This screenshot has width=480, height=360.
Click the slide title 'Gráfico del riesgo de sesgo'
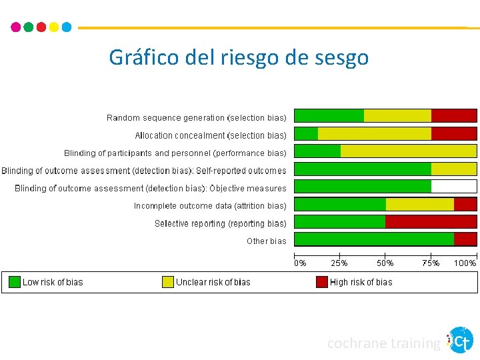click(x=239, y=57)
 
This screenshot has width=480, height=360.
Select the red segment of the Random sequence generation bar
click(x=454, y=116)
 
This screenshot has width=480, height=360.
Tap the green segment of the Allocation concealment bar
click(x=306, y=133)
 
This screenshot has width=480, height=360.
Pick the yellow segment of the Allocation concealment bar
click(x=375, y=133)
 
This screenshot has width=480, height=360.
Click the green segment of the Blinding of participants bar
click(x=317, y=151)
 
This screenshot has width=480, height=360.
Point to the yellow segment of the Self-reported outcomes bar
click(x=454, y=169)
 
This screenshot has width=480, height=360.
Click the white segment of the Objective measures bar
click(x=454, y=187)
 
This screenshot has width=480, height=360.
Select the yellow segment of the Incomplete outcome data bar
click(x=419, y=205)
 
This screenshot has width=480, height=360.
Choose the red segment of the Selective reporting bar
click(x=431, y=222)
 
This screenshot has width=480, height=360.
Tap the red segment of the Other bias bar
click(x=465, y=239)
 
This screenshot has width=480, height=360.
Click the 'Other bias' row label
click(x=266, y=241)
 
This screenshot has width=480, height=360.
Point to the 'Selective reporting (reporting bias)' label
click(x=220, y=223)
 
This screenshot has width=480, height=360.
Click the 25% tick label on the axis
click(x=339, y=263)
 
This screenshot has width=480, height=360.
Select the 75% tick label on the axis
click(x=431, y=263)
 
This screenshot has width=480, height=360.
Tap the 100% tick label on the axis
click(x=465, y=263)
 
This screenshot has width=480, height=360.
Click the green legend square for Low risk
click(x=15, y=282)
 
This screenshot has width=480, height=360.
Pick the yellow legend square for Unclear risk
click(x=168, y=282)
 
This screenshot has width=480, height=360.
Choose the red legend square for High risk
click(x=322, y=282)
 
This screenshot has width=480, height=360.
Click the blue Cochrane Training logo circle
click(x=461, y=340)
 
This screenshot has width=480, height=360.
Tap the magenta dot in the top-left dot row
click(x=16, y=27)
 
